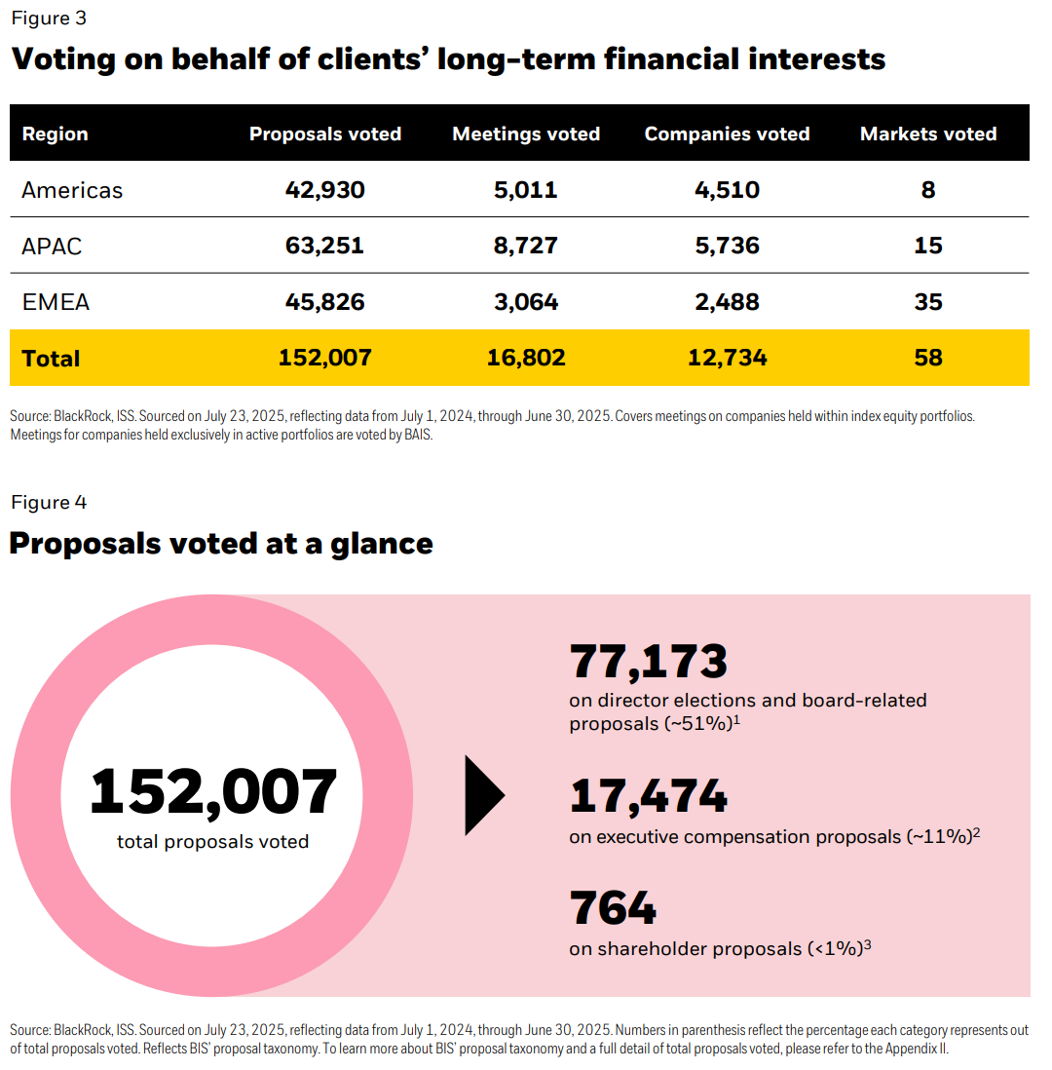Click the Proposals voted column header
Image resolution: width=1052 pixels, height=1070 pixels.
click(x=324, y=134)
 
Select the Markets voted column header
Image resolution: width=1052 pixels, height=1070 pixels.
click(x=927, y=134)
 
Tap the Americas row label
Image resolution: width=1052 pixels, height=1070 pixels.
click(x=72, y=190)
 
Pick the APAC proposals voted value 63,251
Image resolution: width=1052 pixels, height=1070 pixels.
click(x=324, y=246)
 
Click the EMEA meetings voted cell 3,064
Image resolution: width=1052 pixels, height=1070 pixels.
click(x=526, y=302)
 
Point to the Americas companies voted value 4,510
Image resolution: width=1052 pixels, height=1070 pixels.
click(x=727, y=190)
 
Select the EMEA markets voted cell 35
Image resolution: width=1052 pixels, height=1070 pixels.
click(x=927, y=302)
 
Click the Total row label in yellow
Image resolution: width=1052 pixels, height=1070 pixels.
click(x=51, y=359)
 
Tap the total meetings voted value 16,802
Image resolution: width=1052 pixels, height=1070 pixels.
click(x=526, y=359)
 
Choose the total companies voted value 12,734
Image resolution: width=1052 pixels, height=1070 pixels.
click(x=727, y=359)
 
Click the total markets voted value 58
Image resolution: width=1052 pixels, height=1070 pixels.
click(x=927, y=359)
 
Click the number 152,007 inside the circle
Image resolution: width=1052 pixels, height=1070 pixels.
click(x=213, y=792)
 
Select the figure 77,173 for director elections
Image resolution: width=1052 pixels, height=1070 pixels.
click(x=648, y=662)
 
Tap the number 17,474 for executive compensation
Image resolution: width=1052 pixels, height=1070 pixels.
click(x=648, y=797)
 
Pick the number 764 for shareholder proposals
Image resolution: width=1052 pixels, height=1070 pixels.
click(x=613, y=908)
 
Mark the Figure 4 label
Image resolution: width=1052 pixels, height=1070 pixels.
click(x=49, y=503)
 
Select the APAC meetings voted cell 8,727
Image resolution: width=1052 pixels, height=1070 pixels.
click(x=526, y=246)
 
